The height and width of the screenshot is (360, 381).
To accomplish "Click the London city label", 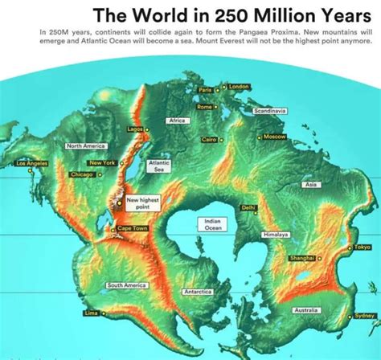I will [x=239, y=86].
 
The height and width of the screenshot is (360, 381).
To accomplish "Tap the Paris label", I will [x=206, y=90].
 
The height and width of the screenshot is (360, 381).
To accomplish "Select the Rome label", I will [x=204, y=107].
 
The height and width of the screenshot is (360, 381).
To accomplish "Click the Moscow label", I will [x=275, y=137].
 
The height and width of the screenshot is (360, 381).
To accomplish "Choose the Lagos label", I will [x=135, y=129].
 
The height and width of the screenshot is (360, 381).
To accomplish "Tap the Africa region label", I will [x=177, y=121].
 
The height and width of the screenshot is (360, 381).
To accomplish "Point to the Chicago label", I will [x=82, y=174].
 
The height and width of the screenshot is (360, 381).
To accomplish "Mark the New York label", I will [x=103, y=163].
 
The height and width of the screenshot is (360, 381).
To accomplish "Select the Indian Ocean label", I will [x=213, y=223].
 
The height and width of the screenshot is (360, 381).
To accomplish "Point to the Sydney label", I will [x=364, y=316].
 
